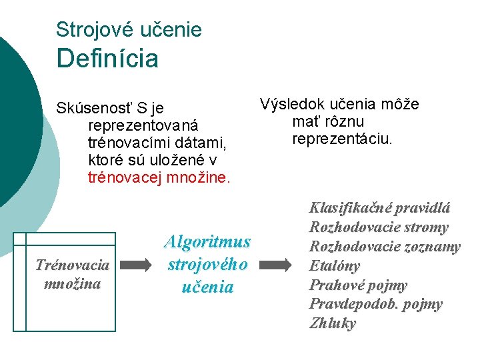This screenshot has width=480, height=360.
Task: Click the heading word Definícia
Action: pyautogui.click(x=107, y=59)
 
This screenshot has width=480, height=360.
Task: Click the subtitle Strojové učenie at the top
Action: pyautogui.click(x=129, y=29)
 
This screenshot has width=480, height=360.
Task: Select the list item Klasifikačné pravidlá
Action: pyautogui.click(x=379, y=208)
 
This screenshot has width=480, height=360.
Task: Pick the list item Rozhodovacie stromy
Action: pyautogui.click(x=379, y=227)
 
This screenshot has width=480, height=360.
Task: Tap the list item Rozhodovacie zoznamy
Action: pyautogui.click(x=385, y=247)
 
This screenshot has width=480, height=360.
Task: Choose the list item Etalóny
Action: pyautogui.click(x=335, y=266)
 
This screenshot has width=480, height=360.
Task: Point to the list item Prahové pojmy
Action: pyautogui.click(x=358, y=285)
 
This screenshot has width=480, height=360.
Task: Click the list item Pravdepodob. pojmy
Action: pyautogui.click(x=375, y=305)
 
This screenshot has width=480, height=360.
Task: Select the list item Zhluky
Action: pyautogui.click(x=332, y=324)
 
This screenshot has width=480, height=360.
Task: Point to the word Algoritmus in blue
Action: pyautogui.click(x=207, y=241)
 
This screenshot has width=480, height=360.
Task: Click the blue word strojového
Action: pyautogui.click(x=207, y=264)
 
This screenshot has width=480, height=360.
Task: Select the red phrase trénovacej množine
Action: pyautogui.click(x=159, y=178)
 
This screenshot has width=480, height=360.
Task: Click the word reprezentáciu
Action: pyautogui.click(x=343, y=139)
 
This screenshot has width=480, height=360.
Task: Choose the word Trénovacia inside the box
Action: pyautogui.click(x=72, y=265)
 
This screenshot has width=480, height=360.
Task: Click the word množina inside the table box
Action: pyautogui.click(x=72, y=283)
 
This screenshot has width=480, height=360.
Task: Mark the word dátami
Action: pyautogui.click(x=205, y=143)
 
